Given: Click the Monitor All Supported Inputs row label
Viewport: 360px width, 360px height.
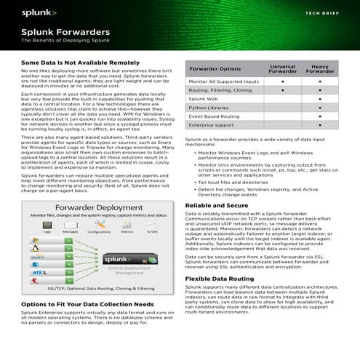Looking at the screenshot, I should (x=223, y=81).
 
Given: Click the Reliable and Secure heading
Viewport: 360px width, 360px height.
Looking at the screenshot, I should (x=217, y=206).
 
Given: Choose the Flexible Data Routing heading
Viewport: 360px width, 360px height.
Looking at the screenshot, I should (x=219, y=279).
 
